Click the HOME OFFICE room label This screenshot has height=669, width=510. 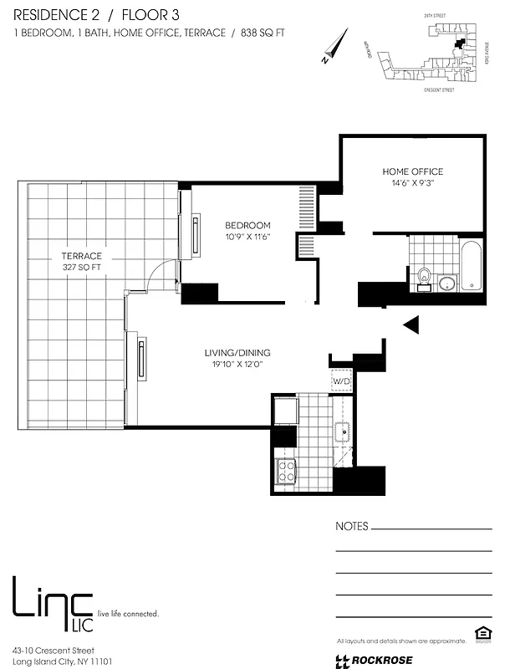point(413,171)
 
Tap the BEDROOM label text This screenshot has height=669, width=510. point(247,225)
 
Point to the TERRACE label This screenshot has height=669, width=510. point(81,256)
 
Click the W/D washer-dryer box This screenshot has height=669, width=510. point(342,381)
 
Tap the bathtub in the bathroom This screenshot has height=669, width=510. point(472,266)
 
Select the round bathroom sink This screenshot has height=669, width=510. point(447,282)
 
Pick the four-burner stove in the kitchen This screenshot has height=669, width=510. point(286,472)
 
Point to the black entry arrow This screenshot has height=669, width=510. point(411,325)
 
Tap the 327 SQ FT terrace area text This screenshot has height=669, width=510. point(81,268)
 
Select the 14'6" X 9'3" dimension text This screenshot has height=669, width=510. point(413,183)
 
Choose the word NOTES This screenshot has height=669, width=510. point(351,527)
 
